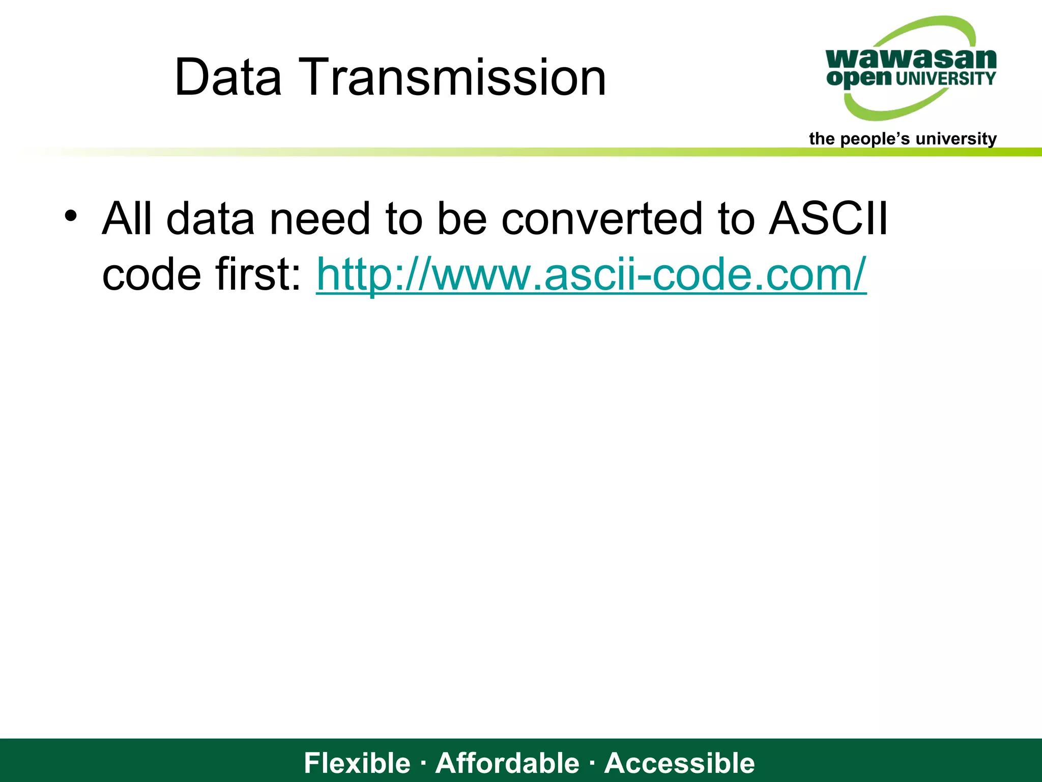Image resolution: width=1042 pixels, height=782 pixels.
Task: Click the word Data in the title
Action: (228, 77)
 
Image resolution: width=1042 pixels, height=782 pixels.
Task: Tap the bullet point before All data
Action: (70, 216)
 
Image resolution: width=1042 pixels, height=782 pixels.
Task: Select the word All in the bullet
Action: (127, 219)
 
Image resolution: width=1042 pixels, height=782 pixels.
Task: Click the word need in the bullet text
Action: (320, 219)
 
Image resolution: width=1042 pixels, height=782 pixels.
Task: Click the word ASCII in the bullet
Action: (828, 219)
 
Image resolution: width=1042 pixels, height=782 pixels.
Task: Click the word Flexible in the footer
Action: (357, 763)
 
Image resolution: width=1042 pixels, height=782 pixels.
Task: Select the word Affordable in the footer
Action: (507, 763)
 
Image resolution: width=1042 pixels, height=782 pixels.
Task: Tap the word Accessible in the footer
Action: (679, 763)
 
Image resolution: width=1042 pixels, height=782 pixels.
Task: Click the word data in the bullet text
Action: (210, 219)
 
